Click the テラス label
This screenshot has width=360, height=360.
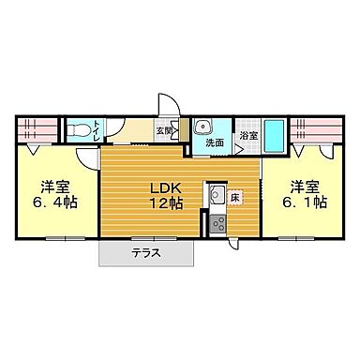coord(145,252)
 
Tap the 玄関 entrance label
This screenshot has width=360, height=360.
coord(162,131)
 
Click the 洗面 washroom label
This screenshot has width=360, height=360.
coord(214,143)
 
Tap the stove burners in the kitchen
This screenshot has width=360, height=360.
coord(216,223)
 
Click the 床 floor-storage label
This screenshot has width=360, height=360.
coord(236,198)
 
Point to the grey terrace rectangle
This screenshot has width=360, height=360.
coord(145,252)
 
